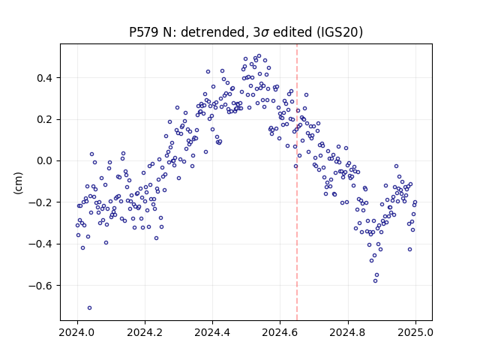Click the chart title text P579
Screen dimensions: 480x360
tap(144, 31)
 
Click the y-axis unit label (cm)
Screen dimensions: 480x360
tap(18, 182)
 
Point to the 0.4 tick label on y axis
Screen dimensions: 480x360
tap(44, 78)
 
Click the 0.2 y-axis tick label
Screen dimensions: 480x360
tap(44, 120)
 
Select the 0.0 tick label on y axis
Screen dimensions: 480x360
tap(44, 161)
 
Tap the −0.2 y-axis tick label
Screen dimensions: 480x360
tap(40, 202)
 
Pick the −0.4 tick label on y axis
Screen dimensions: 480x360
tap(40, 244)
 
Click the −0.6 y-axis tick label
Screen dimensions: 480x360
tap(40, 286)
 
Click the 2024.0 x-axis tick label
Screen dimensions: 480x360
tap(77, 332)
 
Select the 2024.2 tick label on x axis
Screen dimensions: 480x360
tap(145, 332)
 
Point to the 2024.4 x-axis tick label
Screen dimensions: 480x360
tap(212, 332)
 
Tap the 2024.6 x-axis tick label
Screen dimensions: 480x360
tap(280, 332)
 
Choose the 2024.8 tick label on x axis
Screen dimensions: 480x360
tap(348, 332)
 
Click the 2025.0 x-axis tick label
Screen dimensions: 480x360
tap(415, 332)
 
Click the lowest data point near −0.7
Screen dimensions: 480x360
tap(89, 308)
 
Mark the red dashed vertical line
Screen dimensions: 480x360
tap(297, 182)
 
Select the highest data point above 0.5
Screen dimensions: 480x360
tap(259, 56)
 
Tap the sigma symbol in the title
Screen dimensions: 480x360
tap(265, 33)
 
